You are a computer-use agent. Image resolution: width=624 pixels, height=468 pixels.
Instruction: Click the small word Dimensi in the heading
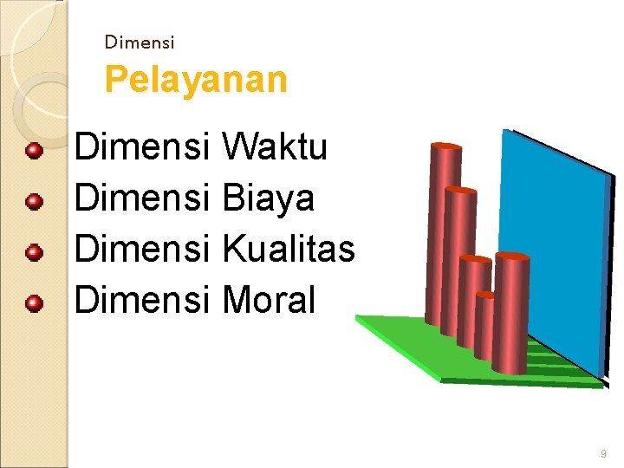[x=139, y=42]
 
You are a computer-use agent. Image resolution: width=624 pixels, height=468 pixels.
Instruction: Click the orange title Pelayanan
[x=195, y=80]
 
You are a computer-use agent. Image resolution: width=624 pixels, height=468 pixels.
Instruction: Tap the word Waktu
[x=275, y=147]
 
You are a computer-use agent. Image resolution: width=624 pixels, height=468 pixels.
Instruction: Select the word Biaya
[x=269, y=198]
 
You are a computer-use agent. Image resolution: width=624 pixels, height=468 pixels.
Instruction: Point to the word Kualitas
[x=289, y=250]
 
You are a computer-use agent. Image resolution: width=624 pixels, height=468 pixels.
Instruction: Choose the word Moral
[x=269, y=301]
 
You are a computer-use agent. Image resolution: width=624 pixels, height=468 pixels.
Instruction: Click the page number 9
[x=603, y=454]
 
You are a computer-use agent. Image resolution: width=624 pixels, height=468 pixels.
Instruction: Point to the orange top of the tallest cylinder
[x=446, y=146]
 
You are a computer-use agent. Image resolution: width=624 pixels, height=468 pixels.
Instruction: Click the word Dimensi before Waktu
[x=142, y=147]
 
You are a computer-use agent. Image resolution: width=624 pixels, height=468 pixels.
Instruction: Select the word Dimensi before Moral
[x=142, y=301]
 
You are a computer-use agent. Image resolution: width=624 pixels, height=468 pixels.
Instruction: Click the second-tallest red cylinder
[x=458, y=260]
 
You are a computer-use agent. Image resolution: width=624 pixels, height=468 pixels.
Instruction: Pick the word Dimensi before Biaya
[x=142, y=198]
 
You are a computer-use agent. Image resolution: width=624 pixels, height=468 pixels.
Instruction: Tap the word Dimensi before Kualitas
[x=142, y=250]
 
